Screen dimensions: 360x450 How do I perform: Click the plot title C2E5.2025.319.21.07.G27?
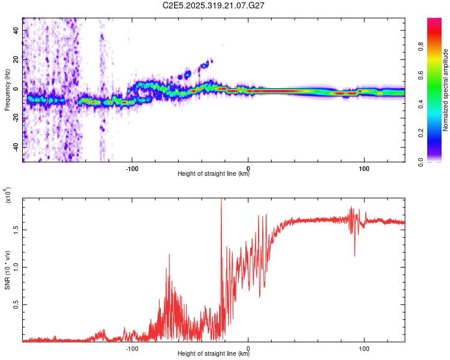point(214,5)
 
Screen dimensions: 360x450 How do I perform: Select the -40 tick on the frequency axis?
point(15,147)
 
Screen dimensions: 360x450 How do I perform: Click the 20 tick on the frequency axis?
point(16,59)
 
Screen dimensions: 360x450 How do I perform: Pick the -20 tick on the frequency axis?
point(15,118)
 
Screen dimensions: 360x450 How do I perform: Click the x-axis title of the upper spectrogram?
point(214,174)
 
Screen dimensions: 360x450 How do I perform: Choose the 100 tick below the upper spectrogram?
point(364,168)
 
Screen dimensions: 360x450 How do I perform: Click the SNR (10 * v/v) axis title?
point(7,269)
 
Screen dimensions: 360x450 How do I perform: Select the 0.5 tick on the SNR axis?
point(15,305)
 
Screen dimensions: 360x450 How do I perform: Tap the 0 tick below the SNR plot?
point(248,348)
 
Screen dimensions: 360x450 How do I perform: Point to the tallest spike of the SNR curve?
point(221,200)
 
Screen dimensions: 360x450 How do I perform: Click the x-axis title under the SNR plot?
point(214,354)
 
